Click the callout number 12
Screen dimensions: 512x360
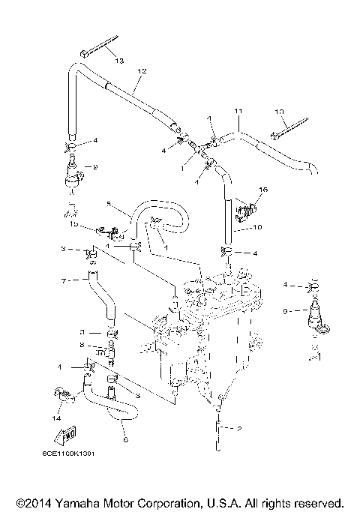tap(139, 71)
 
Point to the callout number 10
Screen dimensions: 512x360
tap(256, 227)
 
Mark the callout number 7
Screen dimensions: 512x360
tap(64, 280)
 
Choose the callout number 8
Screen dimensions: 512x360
tap(82, 345)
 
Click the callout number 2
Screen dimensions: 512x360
tap(238, 430)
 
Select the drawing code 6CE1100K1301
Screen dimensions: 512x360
tap(73, 473)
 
